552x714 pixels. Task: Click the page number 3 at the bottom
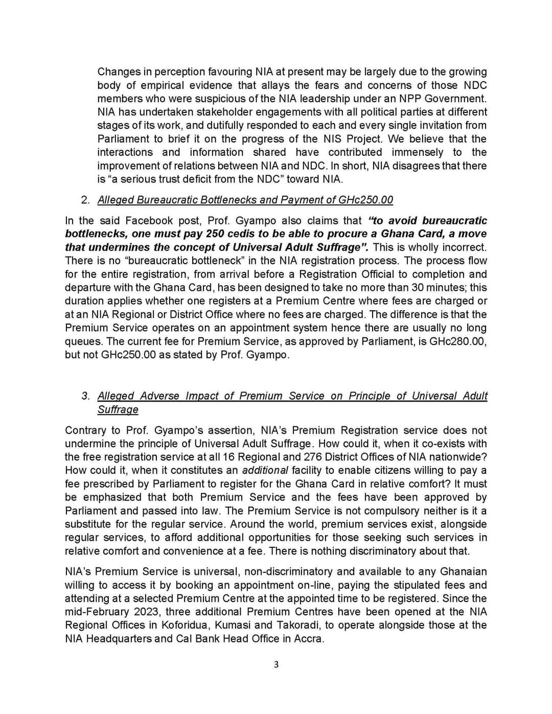pyautogui.click(x=276, y=664)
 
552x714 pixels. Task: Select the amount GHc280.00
pyautogui.click(x=457, y=341)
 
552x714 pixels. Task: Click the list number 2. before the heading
pyautogui.click(x=86, y=200)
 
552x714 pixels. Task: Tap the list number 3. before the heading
pyautogui.click(x=86, y=396)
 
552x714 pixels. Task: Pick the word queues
pyautogui.click(x=82, y=341)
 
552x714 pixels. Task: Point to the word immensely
pyautogui.click(x=417, y=152)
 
